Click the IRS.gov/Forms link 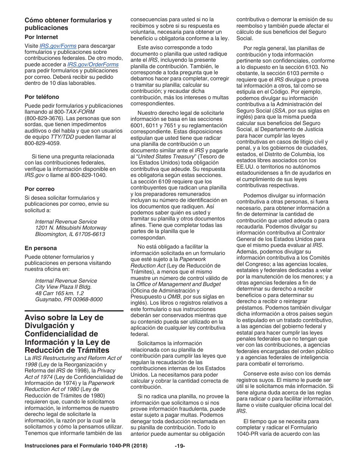(x=58, y=46)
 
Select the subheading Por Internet (x=41, y=37)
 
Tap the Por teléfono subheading (x=42, y=97)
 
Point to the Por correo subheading (x=39, y=189)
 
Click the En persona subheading (x=41, y=248)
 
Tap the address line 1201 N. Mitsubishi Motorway (x=71, y=228)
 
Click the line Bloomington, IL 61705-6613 (x=70, y=234)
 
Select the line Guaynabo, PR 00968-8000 (x=69, y=299)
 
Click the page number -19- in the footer (x=180, y=446)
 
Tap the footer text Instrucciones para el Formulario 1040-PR (x=86, y=446)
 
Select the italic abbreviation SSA (x=280, y=111)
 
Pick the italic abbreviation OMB (x=174, y=297)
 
